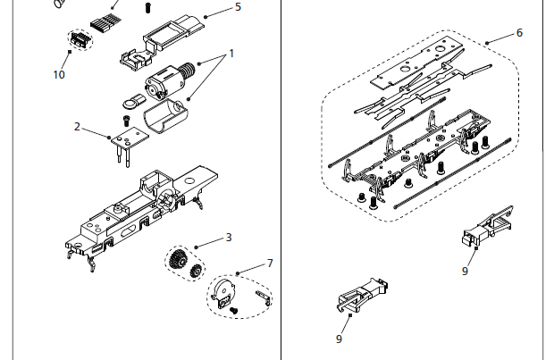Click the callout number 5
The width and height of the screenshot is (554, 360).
click(238, 6)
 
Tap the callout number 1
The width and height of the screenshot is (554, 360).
click(231, 54)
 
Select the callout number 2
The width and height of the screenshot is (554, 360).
click(78, 127)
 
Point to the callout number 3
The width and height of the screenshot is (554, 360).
click(229, 237)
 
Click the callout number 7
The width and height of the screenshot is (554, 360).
click(270, 264)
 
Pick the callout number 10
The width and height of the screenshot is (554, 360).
click(59, 75)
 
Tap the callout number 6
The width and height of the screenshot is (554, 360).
click(519, 32)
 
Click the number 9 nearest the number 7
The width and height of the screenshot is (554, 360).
click(339, 339)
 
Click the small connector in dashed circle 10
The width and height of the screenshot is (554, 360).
click(79, 40)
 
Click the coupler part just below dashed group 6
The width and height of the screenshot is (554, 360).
click(481, 231)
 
